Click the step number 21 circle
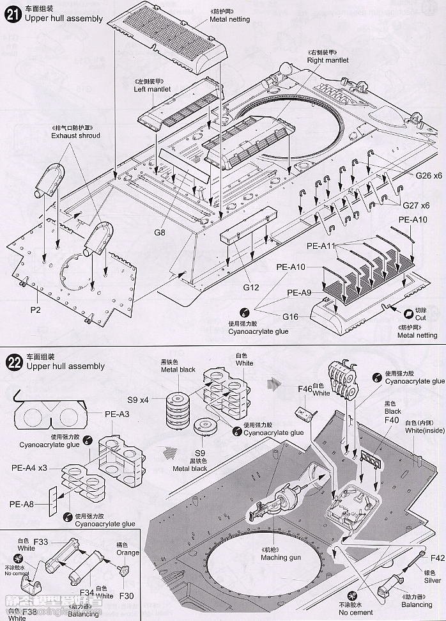(13, 15)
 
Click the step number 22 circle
(13, 363)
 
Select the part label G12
(250, 287)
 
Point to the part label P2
(35, 310)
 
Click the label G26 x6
(428, 175)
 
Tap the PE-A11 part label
(321, 245)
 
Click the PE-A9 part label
(299, 293)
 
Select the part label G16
(291, 316)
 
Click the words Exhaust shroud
(75, 136)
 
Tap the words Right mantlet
(328, 60)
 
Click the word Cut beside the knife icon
(420, 318)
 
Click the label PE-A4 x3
(29, 468)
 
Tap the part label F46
(305, 388)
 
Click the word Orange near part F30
(127, 553)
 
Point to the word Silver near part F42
(432, 581)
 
